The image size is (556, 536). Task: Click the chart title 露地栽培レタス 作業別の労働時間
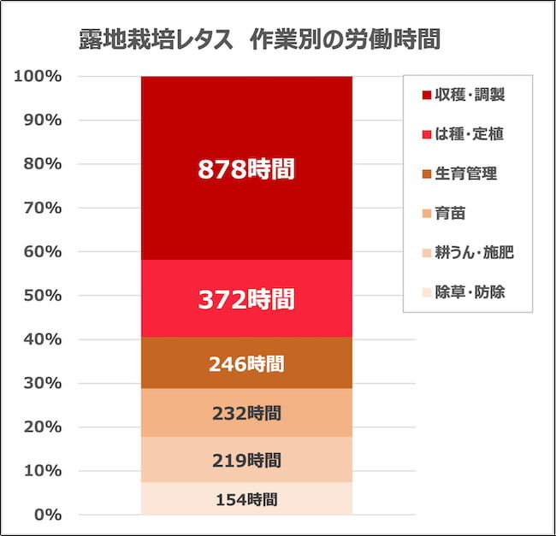(x=258, y=40)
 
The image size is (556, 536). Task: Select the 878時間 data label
(x=246, y=169)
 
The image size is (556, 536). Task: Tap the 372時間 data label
(x=246, y=299)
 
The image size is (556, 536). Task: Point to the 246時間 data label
(x=246, y=364)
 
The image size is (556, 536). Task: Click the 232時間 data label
(x=246, y=414)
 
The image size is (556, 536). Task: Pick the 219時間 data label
(x=246, y=461)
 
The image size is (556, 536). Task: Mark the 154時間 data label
(x=246, y=500)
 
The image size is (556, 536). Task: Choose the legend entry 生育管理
(x=465, y=174)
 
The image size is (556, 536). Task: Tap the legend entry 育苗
(x=450, y=213)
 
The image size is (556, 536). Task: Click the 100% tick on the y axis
(x=38, y=76)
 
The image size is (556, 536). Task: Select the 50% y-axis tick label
(x=42, y=296)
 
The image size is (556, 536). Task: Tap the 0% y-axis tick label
(x=46, y=515)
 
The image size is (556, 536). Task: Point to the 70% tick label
(x=42, y=208)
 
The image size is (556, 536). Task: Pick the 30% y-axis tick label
(x=42, y=383)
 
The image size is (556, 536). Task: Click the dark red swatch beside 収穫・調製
(x=425, y=95)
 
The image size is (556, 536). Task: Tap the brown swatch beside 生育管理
(x=425, y=174)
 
